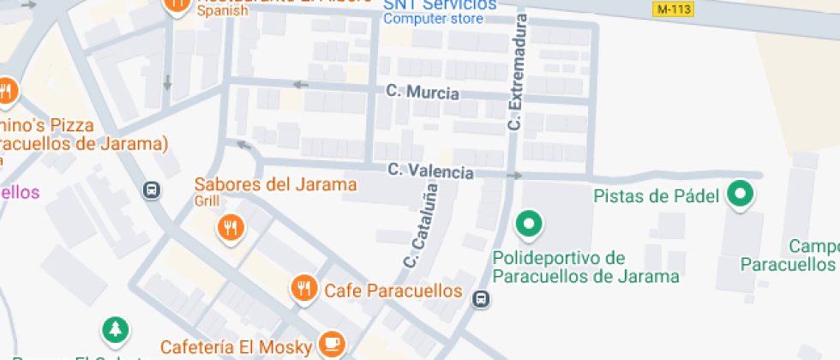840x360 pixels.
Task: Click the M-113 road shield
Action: pos(673,9)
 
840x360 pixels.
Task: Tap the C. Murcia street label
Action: pos(423,92)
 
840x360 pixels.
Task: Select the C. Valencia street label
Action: pos(430,171)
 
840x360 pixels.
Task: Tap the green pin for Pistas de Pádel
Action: pos(740,195)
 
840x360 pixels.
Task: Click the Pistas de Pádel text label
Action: pos(656,196)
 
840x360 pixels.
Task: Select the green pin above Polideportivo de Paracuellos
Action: pos(529,225)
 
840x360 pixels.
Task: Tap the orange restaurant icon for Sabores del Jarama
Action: pos(231,227)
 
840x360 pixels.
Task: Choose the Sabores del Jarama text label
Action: pos(275,184)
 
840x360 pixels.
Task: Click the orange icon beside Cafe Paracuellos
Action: pos(304,290)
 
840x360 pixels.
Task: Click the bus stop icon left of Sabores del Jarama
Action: pos(152,189)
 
